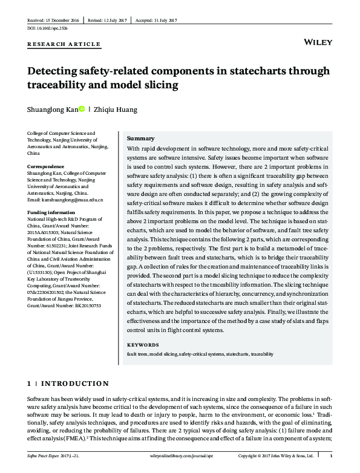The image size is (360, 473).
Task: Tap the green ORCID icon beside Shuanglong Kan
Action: coord(82,109)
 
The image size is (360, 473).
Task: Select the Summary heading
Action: coord(140,139)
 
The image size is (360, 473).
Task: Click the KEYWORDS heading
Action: coord(142,345)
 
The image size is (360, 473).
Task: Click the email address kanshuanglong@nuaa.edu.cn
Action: coord(65,200)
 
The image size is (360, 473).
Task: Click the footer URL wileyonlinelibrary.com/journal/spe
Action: coord(180,455)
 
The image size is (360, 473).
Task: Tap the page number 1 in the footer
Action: coord(330,455)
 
